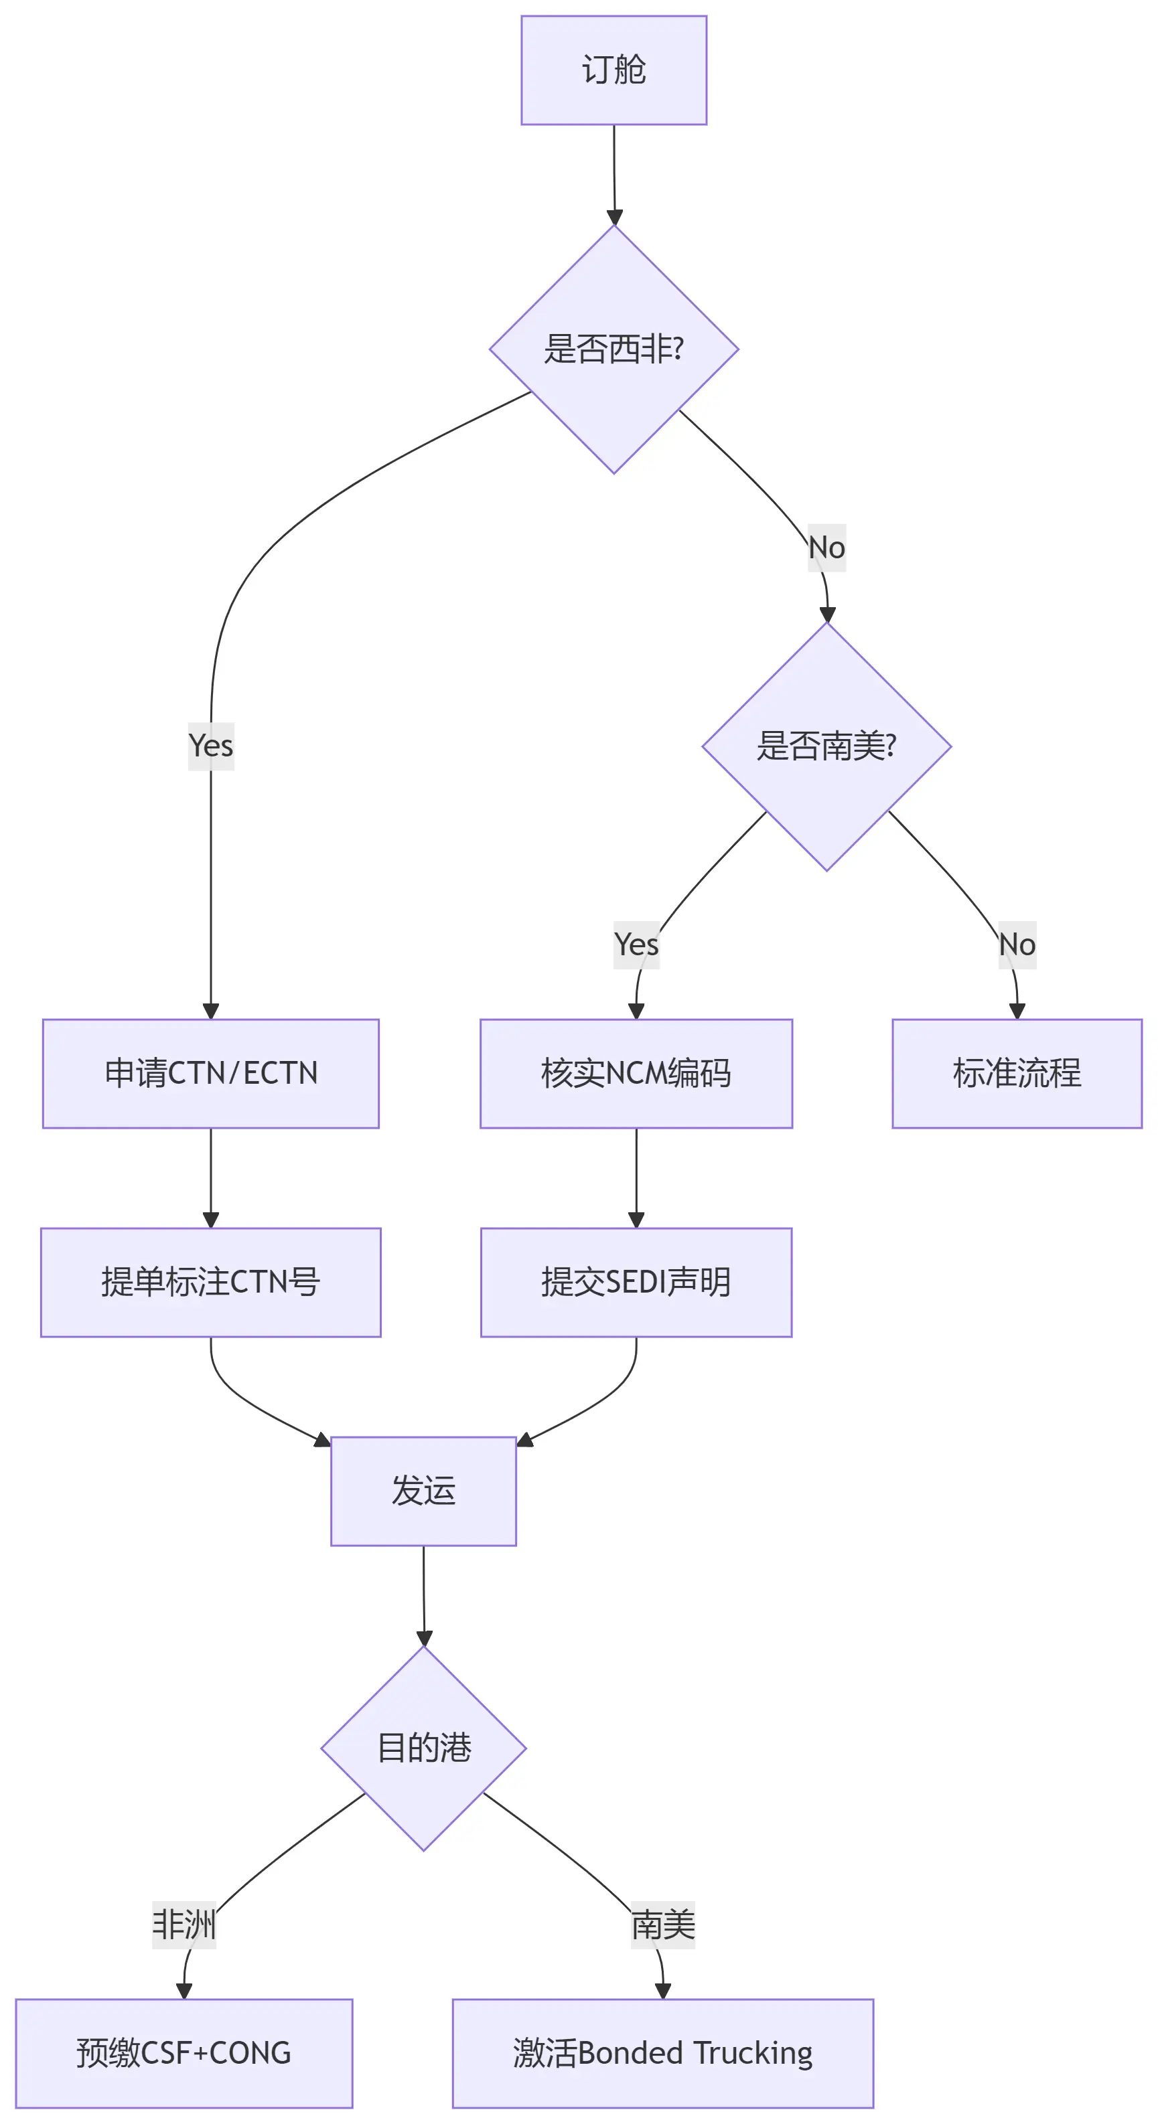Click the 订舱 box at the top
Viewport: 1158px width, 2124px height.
tap(613, 70)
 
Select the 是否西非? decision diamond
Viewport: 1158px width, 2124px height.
tap(613, 349)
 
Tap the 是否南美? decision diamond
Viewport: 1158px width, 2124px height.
tap(826, 746)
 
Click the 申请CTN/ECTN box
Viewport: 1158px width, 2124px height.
tap(211, 1074)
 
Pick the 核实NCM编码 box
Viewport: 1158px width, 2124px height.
tap(636, 1074)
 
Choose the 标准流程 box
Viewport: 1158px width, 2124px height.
tap(1017, 1074)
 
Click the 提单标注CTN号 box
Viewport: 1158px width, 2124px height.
tap(211, 1282)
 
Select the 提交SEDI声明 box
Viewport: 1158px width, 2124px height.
tap(636, 1282)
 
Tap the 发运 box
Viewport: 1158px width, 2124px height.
tap(423, 1491)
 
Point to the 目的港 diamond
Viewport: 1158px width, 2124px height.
tap(423, 1748)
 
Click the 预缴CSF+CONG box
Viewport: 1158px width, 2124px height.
tap(184, 2053)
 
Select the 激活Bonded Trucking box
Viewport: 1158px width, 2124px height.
tap(662, 2053)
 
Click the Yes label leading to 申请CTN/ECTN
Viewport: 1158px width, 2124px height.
tap(211, 746)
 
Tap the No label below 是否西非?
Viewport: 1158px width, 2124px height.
tap(826, 548)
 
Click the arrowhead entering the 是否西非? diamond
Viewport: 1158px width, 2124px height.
tap(614, 218)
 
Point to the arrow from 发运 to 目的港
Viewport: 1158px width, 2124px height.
tap(424, 1595)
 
